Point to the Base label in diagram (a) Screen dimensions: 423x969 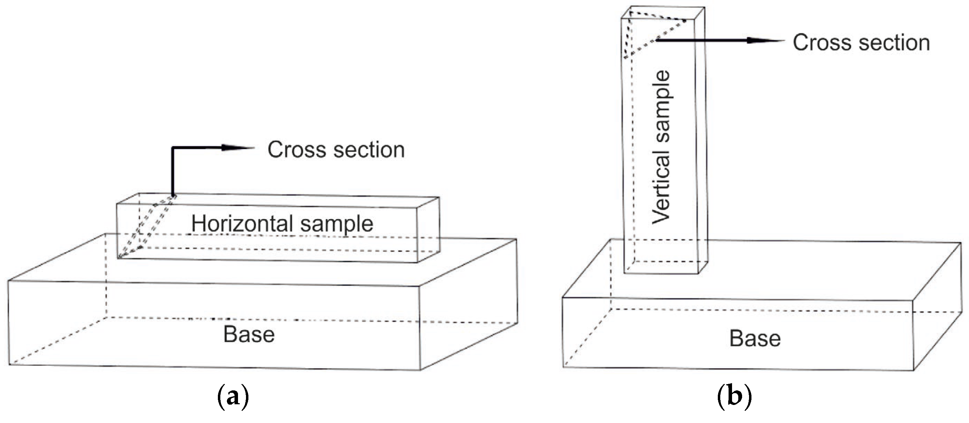tap(249, 334)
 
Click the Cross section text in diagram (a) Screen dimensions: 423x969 tap(336, 150)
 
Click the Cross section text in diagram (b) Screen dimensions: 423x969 tap(861, 43)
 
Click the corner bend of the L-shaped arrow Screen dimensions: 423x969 tap(173, 148)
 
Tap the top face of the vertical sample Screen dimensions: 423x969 tap(663, 12)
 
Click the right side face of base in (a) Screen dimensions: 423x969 tap(468, 305)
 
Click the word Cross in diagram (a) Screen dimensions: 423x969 tap(297, 150)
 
